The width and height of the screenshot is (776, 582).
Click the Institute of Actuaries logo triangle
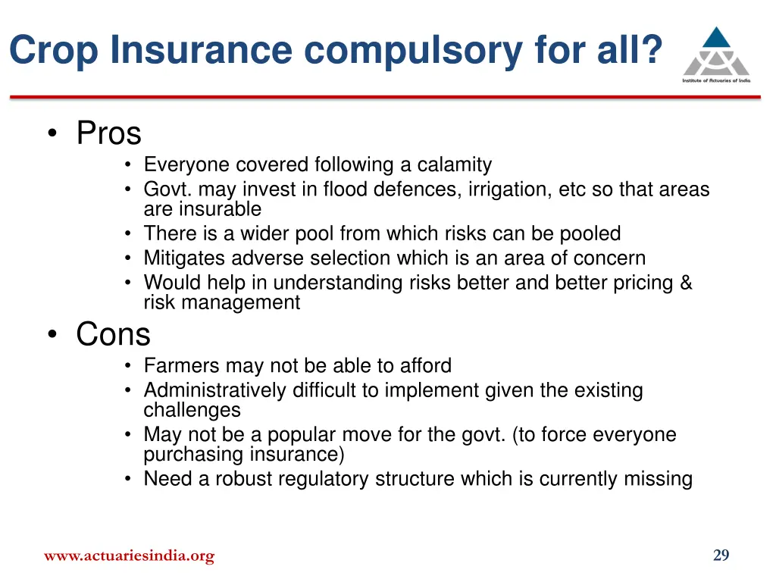[716, 50]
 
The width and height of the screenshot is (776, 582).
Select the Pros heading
[108, 134]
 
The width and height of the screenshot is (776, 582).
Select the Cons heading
[113, 334]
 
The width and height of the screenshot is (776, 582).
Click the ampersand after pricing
[686, 283]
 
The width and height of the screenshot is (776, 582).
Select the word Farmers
[178, 366]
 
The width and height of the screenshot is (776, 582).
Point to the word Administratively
[216, 391]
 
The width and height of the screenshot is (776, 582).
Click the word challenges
[192, 410]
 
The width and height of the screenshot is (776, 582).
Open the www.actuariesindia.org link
[129, 555]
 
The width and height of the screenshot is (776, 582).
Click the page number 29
[721, 555]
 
